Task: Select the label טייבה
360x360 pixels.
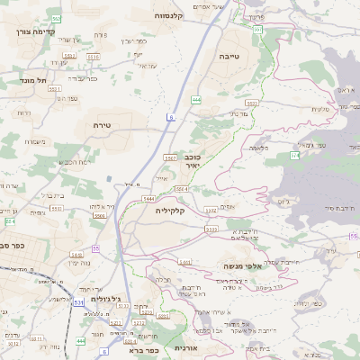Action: pyautogui.click(x=229, y=56)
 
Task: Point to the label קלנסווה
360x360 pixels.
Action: pyautogui.click(x=169, y=15)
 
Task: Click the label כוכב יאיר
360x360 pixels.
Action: pyautogui.click(x=187, y=161)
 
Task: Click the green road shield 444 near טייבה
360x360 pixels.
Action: pyautogui.click(x=196, y=100)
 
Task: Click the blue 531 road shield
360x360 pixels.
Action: pyautogui.click(x=78, y=302)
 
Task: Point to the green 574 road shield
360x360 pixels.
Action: pyautogui.click(x=293, y=156)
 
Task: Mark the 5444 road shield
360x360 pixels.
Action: pyautogui.click(x=148, y=197)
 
